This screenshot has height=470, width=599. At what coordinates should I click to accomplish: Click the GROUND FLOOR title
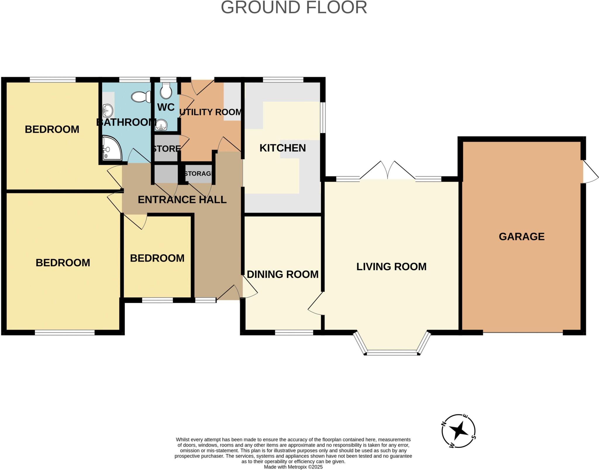point(294,8)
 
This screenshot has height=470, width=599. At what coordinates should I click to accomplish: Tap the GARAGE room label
point(521,236)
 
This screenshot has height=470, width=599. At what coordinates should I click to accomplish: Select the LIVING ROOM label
point(391,266)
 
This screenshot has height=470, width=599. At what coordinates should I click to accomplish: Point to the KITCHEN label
point(283,148)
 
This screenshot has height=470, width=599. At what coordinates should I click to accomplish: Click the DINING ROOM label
point(283,274)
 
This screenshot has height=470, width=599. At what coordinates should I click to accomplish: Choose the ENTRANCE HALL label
point(182,200)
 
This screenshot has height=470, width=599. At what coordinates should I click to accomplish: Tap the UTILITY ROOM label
point(211,112)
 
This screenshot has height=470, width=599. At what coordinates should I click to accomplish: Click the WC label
point(166,107)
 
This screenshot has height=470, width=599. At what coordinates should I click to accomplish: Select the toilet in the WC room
point(166,90)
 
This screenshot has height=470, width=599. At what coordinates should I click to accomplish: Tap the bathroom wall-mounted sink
point(108,111)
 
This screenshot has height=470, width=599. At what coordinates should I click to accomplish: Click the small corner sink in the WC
point(161,125)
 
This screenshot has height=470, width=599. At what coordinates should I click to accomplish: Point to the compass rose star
point(458,431)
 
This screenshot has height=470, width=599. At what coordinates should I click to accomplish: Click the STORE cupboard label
point(166,149)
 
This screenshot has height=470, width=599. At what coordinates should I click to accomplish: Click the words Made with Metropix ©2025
point(293,467)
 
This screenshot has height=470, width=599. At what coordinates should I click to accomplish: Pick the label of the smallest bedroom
point(157,258)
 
